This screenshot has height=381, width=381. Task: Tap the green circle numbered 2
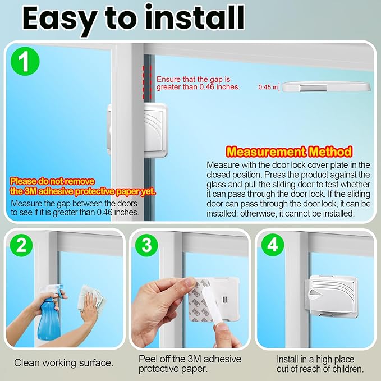(x=20, y=245)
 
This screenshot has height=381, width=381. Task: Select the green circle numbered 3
(x=147, y=245)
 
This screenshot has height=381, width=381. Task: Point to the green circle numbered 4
(x=272, y=245)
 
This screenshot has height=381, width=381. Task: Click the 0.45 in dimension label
(x=268, y=87)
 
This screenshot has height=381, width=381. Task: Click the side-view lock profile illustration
(x=325, y=86)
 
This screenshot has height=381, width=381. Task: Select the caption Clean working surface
(x=63, y=363)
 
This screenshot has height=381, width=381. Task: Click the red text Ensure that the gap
(x=194, y=80)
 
